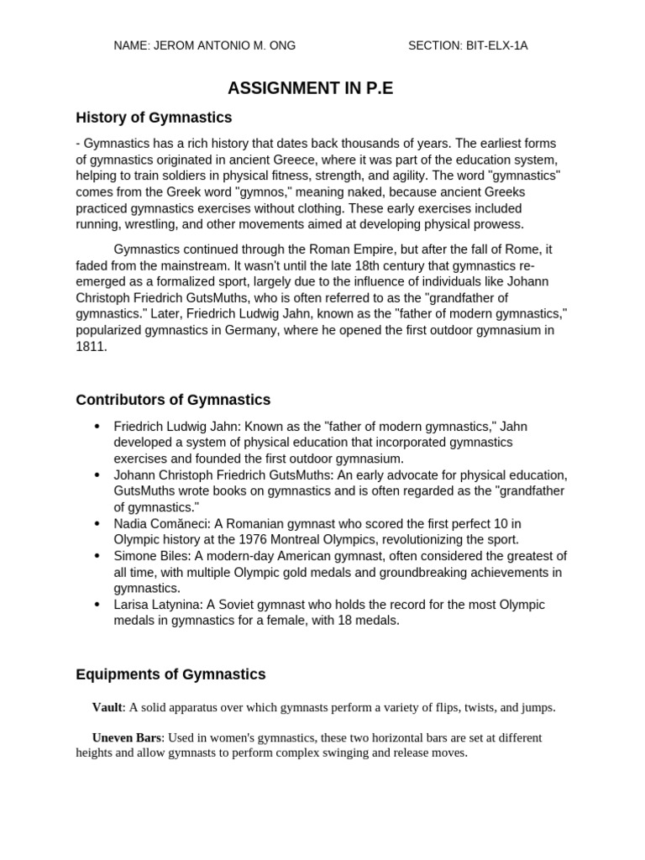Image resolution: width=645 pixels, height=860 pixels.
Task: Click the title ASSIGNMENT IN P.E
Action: pos(311,88)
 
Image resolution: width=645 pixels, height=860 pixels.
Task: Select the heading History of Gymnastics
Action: pos(154,118)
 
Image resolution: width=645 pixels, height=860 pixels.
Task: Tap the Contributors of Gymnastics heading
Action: pos(173,400)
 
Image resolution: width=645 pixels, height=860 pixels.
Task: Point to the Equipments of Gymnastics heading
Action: pos(170,674)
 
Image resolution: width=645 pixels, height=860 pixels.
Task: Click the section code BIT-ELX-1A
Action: pos(497,45)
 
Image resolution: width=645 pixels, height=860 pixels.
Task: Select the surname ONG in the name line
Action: pos(281,45)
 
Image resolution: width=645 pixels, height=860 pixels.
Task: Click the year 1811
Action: pos(91,346)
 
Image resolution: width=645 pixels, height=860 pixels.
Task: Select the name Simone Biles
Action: pos(149,556)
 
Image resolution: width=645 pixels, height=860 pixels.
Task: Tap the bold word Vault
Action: pos(107,707)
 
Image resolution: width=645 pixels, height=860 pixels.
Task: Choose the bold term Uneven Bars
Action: pos(126,737)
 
